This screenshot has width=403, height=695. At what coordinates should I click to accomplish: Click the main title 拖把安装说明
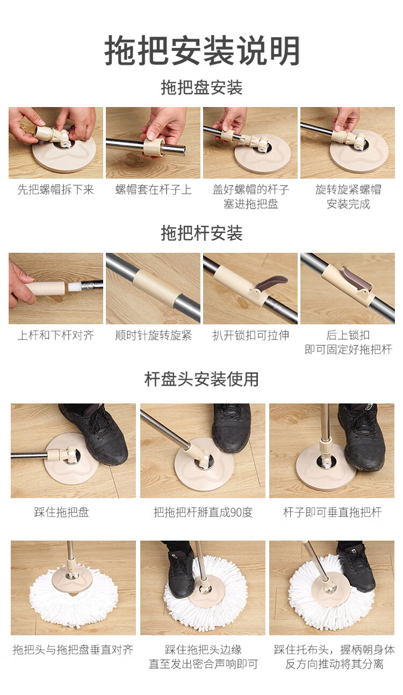click(201, 51)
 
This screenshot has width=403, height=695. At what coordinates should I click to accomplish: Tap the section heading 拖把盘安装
click(201, 88)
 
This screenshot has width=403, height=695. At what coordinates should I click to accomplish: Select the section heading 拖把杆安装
click(201, 233)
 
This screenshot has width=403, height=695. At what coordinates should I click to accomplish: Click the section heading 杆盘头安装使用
click(201, 379)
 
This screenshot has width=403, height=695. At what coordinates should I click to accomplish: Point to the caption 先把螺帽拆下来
click(56, 189)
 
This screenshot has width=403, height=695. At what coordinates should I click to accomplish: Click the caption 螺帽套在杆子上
click(153, 189)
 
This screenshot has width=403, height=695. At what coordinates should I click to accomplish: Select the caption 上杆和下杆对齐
click(56, 335)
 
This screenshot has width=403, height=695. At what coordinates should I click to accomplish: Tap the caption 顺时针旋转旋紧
click(153, 335)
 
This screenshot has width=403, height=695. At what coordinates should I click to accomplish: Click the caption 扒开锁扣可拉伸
click(250, 335)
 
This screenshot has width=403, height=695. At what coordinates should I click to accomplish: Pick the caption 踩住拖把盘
click(61, 512)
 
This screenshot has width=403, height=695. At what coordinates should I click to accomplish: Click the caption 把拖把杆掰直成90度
click(203, 512)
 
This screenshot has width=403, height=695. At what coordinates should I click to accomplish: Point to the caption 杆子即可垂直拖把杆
click(332, 512)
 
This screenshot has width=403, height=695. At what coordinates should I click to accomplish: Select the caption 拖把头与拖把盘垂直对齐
click(73, 649)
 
